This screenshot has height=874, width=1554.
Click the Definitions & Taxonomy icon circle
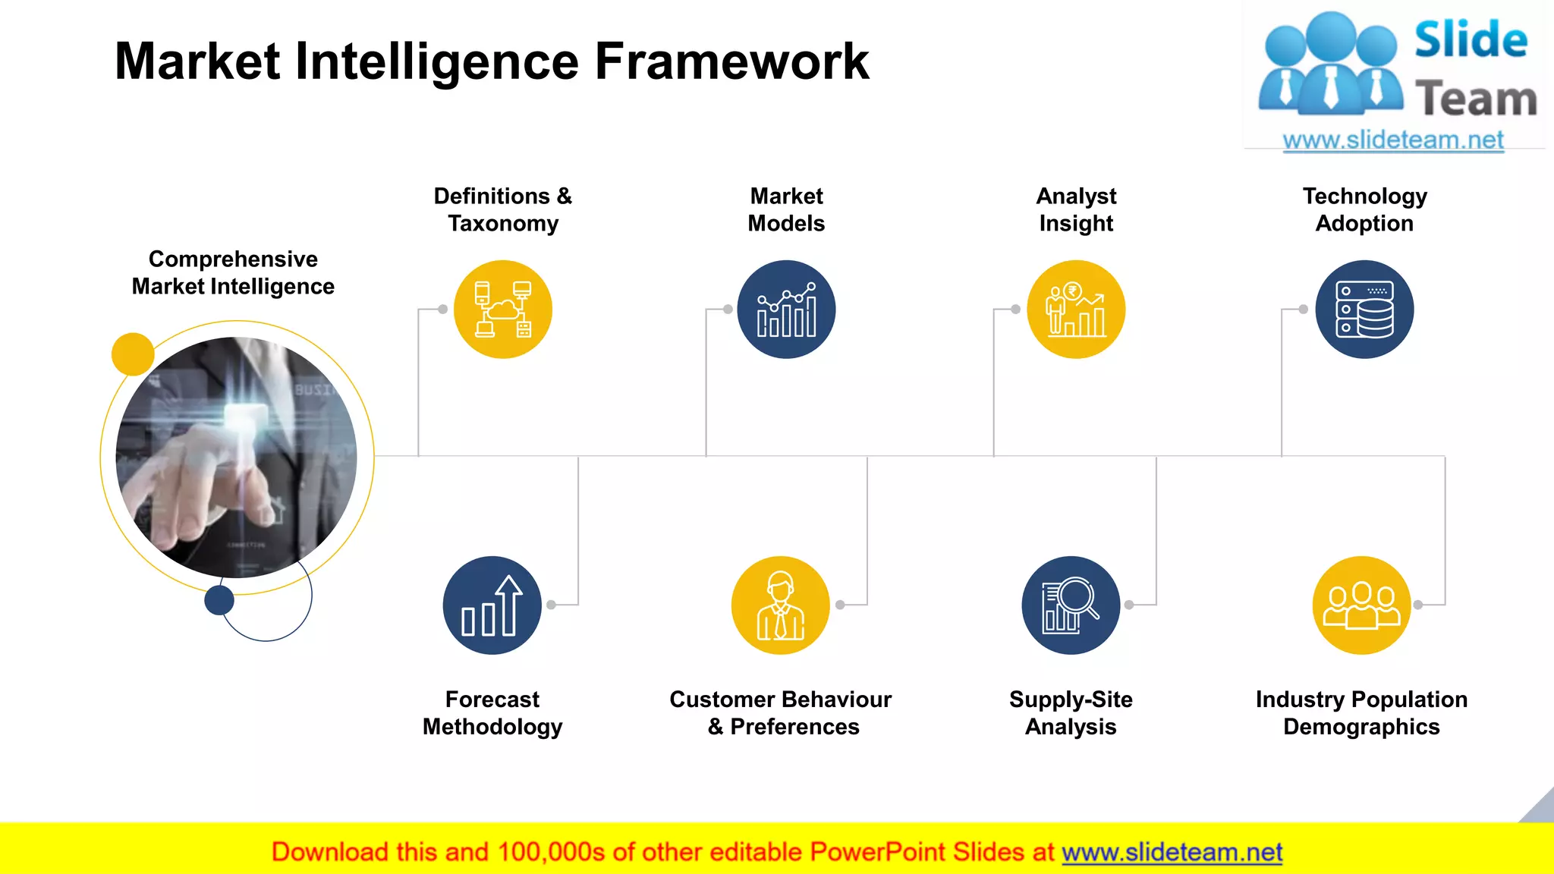tap(502, 310)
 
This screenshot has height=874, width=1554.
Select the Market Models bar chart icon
tap(786, 310)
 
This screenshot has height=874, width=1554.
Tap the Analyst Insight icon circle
tap(1075, 310)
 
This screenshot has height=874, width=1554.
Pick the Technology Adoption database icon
tap(1364, 310)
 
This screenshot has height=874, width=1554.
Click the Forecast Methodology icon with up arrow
tap(492, 605)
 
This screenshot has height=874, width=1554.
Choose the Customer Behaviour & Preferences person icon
tap(780, 605)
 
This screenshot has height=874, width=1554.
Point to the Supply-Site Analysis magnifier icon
tap(1070, 605)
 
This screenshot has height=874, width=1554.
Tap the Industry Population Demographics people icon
tap(1361, 605)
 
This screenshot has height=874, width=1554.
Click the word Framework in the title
tap(731, 61)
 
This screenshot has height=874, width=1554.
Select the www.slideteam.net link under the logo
tap(1393, 140)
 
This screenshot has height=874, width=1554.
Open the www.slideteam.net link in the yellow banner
tap(1172, 852)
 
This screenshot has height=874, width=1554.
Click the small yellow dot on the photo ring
tap(133, 354)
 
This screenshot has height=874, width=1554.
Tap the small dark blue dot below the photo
tap(219, 600)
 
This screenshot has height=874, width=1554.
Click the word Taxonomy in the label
tap(503, 224)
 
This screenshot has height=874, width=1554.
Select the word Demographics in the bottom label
tap(1361, 727)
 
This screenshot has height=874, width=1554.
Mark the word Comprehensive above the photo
tap(233, 259)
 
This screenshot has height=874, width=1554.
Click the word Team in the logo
tap(1475, 99)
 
